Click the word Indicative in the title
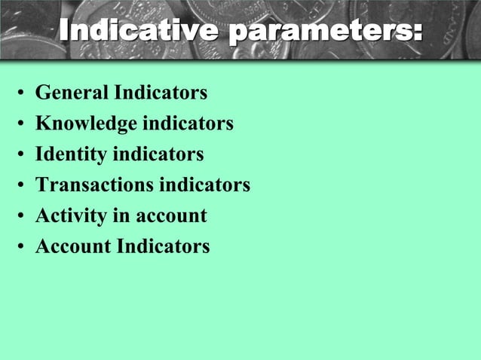click(140, 31)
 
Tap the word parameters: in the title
click(325, 31)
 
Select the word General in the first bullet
click(72, 93)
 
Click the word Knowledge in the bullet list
click(87, 124)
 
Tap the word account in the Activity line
click(172, 215)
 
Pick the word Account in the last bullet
click(73, 246)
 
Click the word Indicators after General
click(161, 93)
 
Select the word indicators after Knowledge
click(188, 124)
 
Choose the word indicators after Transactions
click(206, 185)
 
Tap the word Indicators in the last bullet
click(163, 246)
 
